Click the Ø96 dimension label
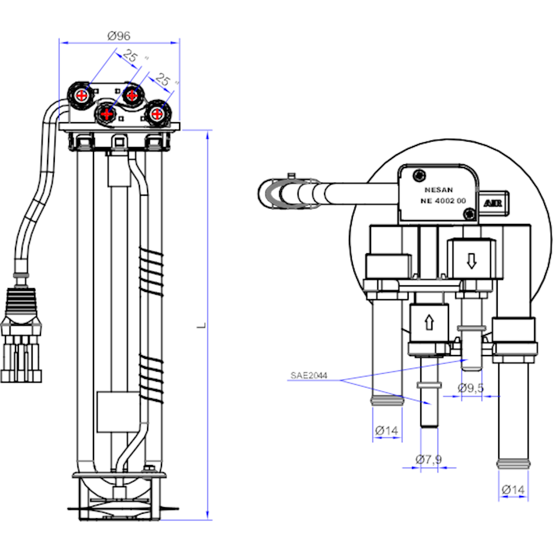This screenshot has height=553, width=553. [x=119, y=35]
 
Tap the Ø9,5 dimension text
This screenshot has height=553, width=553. [x=471, y=388]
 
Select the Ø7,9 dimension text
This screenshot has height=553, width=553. [x=429, y=458]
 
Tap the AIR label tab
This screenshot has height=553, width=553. [x=493, y=202]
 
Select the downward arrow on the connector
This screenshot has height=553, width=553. [x=471, y=260]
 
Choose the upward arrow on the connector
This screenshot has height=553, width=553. [x=429, y=322]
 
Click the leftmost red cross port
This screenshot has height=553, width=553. [x=82, y=95]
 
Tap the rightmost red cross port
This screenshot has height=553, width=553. [x=157, y=114]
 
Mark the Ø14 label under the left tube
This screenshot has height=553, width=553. [x=387, y=430]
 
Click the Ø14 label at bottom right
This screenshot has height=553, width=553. [x=513, y=489]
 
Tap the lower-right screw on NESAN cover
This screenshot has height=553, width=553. [x=469, y=214]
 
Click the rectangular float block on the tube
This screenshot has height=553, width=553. [x=114, y=412]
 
